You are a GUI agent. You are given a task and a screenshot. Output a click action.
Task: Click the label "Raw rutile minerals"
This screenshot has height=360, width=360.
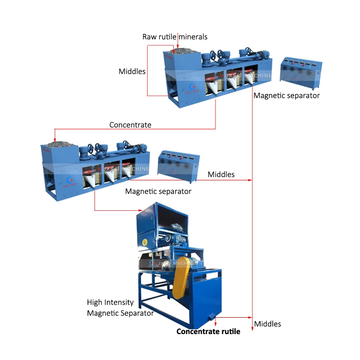[x=175, y=37]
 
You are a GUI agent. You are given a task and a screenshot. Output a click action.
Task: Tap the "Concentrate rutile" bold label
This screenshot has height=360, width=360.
[x=208, y=332]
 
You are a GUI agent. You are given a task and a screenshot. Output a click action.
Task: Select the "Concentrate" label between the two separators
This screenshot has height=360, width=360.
[x=130, y=125]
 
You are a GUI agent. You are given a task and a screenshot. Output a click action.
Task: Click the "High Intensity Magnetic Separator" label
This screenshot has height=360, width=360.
[x=120, y=308]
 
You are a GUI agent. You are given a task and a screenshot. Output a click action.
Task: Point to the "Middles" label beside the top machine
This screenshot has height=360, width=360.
[x=132, y=72]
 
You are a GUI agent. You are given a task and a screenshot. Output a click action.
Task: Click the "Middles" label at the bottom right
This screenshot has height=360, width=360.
[x=267, y=324]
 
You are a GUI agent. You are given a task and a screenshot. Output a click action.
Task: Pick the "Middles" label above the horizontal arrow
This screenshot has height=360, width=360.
[x=221, y=175]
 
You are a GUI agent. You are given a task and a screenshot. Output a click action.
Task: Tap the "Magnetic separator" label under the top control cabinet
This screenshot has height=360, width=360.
[x=287, y=96]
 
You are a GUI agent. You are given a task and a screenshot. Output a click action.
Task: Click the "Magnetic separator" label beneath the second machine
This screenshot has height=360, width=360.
[x=158, y=192]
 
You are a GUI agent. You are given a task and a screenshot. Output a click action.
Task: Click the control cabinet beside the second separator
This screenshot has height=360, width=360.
[x=178, y=165]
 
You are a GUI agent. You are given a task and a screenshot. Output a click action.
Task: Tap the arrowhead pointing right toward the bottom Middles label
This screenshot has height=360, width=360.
[x=250, y=317]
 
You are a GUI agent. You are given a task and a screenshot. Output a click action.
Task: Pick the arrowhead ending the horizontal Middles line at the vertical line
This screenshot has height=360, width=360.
[x=250, y=180]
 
